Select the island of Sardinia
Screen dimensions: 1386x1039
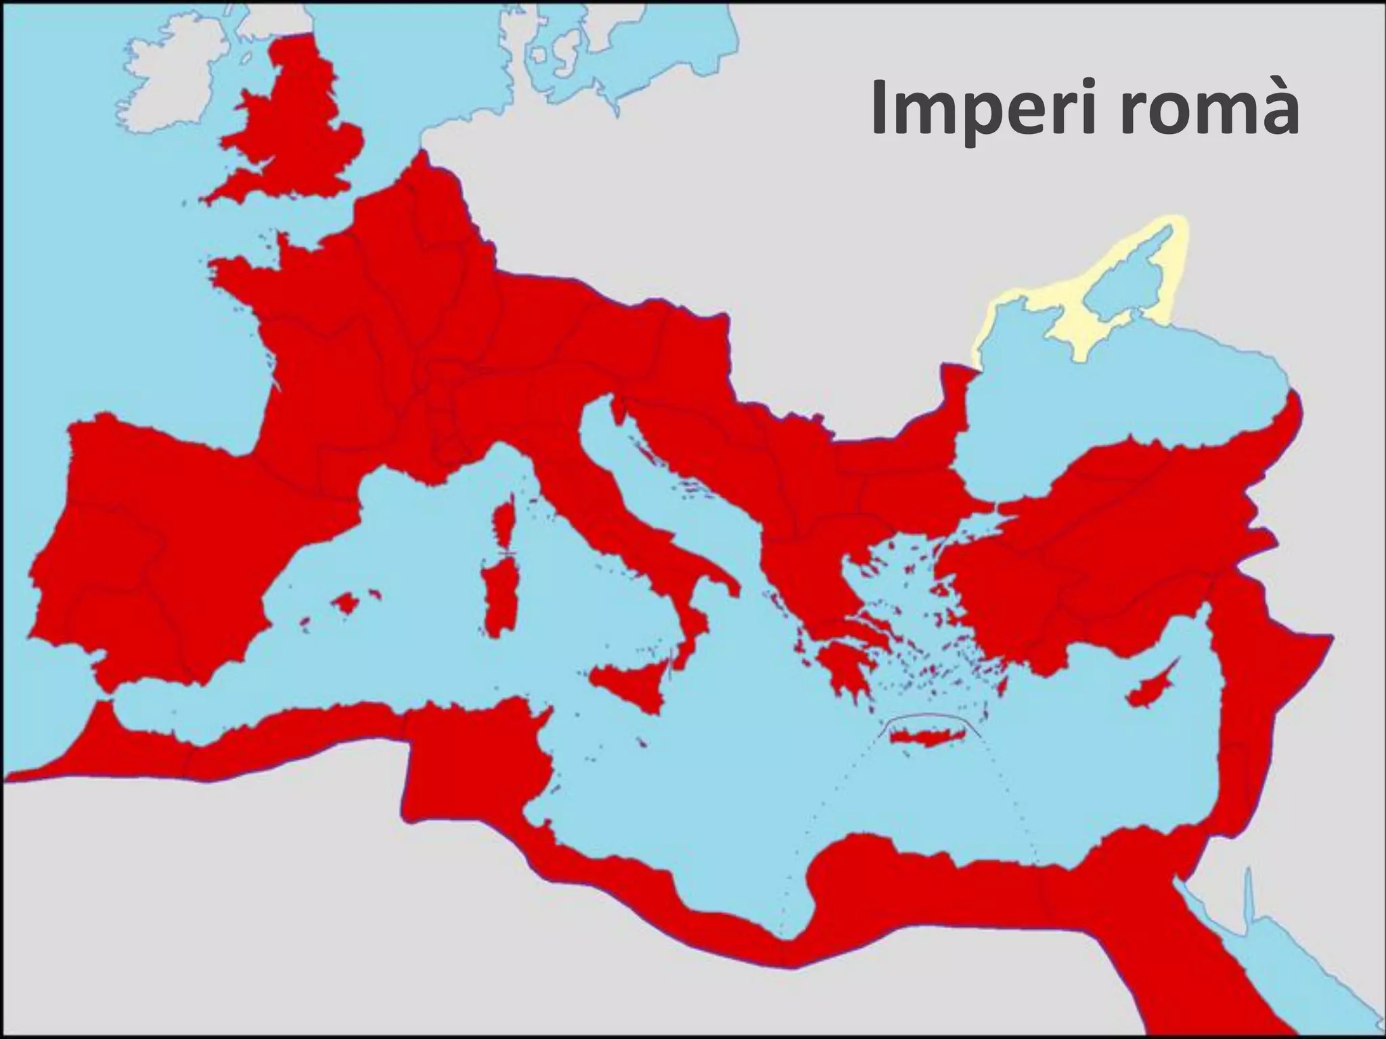tap(501, 595)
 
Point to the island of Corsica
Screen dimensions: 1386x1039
tap(504, 524)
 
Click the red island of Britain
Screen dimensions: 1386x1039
tap(298, 129)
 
